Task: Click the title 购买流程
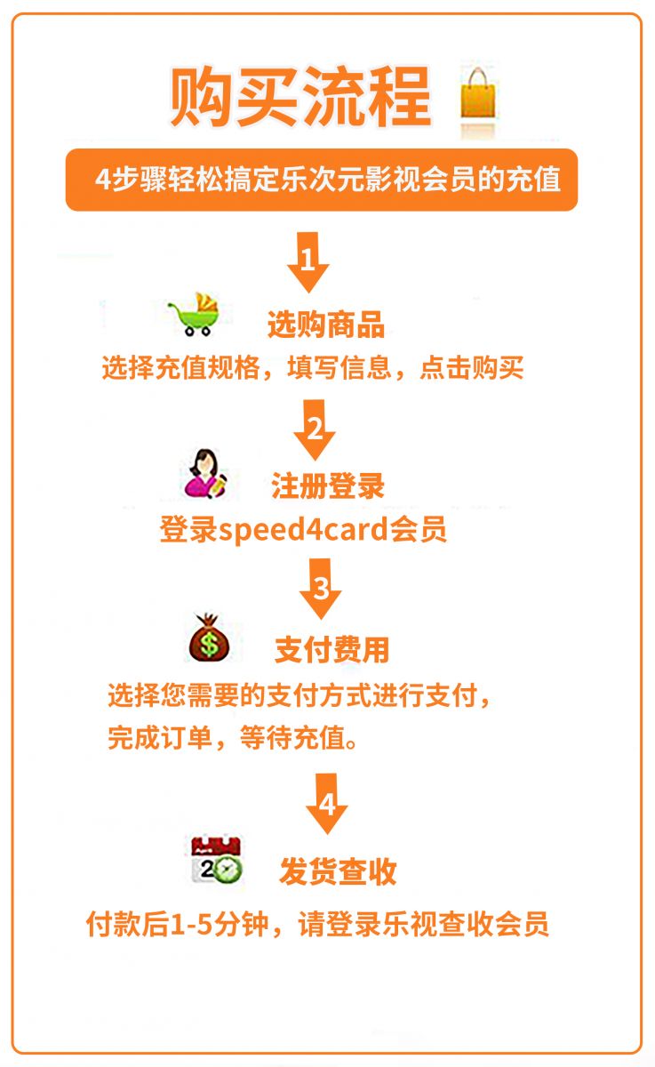(300, 97)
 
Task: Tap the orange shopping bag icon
(477, 94)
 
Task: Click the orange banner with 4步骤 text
(322, 180)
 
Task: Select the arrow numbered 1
(308, 262)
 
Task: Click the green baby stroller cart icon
(195, 314)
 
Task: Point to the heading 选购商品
(326, 325)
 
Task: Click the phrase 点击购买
(471, 368)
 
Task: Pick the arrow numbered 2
(315, 429)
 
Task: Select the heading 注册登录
(328, 486)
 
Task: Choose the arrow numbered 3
(320, 589)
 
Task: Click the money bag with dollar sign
(209, 638)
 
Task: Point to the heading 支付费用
(331, 650)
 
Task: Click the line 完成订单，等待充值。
(233, 738)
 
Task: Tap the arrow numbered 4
(327, 804)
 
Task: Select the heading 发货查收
(339, 871)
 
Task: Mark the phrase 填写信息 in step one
(339, 368)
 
